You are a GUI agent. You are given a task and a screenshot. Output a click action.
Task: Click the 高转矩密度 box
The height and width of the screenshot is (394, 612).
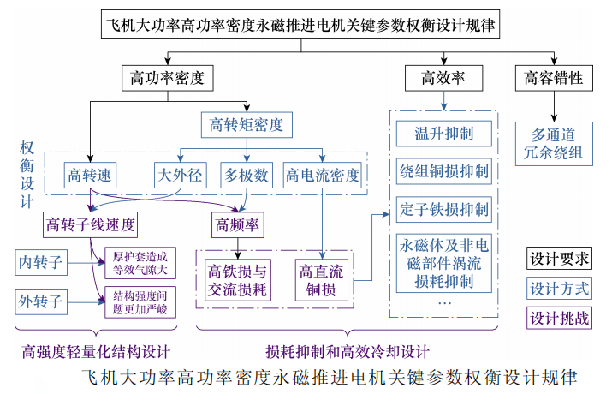tap(246, 125)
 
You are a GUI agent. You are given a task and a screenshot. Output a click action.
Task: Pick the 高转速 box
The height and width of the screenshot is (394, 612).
tap(90, 176)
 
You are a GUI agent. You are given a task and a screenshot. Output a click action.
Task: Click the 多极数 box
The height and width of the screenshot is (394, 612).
tap(247, 176)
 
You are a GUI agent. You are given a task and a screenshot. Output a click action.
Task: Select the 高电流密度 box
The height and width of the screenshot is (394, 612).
tap(323, 176)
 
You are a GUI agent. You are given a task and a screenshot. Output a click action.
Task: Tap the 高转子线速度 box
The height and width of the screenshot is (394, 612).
tap(92, 225)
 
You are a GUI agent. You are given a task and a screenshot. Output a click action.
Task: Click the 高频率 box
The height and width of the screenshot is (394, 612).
tap(241, 225)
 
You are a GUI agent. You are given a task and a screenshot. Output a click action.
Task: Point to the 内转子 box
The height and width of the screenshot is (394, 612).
tap(42, 263)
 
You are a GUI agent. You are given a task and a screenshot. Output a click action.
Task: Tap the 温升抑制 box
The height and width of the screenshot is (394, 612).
tap(443, 134)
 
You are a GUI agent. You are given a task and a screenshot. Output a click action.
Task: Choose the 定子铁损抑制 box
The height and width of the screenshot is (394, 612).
tap(443, 209)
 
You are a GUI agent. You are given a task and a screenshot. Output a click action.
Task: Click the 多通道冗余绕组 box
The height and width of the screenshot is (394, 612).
tap(554, 144)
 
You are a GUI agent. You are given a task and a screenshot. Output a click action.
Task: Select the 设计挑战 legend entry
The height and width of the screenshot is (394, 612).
tap(560, 318)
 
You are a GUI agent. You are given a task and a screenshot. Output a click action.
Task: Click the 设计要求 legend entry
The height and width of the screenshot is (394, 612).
tap(560, 259)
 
